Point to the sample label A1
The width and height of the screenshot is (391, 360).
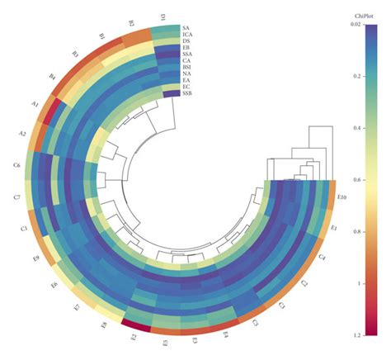coord(35,105)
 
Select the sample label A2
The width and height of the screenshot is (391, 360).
coord(22,134)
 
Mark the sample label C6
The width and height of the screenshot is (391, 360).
coord(16,167)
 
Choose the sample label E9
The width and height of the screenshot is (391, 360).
coord(35,259)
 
